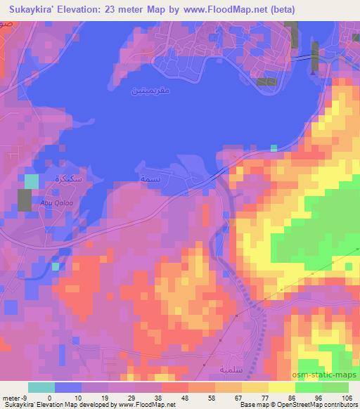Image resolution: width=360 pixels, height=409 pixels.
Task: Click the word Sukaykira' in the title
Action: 32,9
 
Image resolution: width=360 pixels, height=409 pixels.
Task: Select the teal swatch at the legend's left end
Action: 41,388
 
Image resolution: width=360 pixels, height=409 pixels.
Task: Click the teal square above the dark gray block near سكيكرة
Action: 32,181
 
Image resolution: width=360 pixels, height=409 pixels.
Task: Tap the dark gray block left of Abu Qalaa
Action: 25,201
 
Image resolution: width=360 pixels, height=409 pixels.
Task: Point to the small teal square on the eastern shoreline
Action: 274,148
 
